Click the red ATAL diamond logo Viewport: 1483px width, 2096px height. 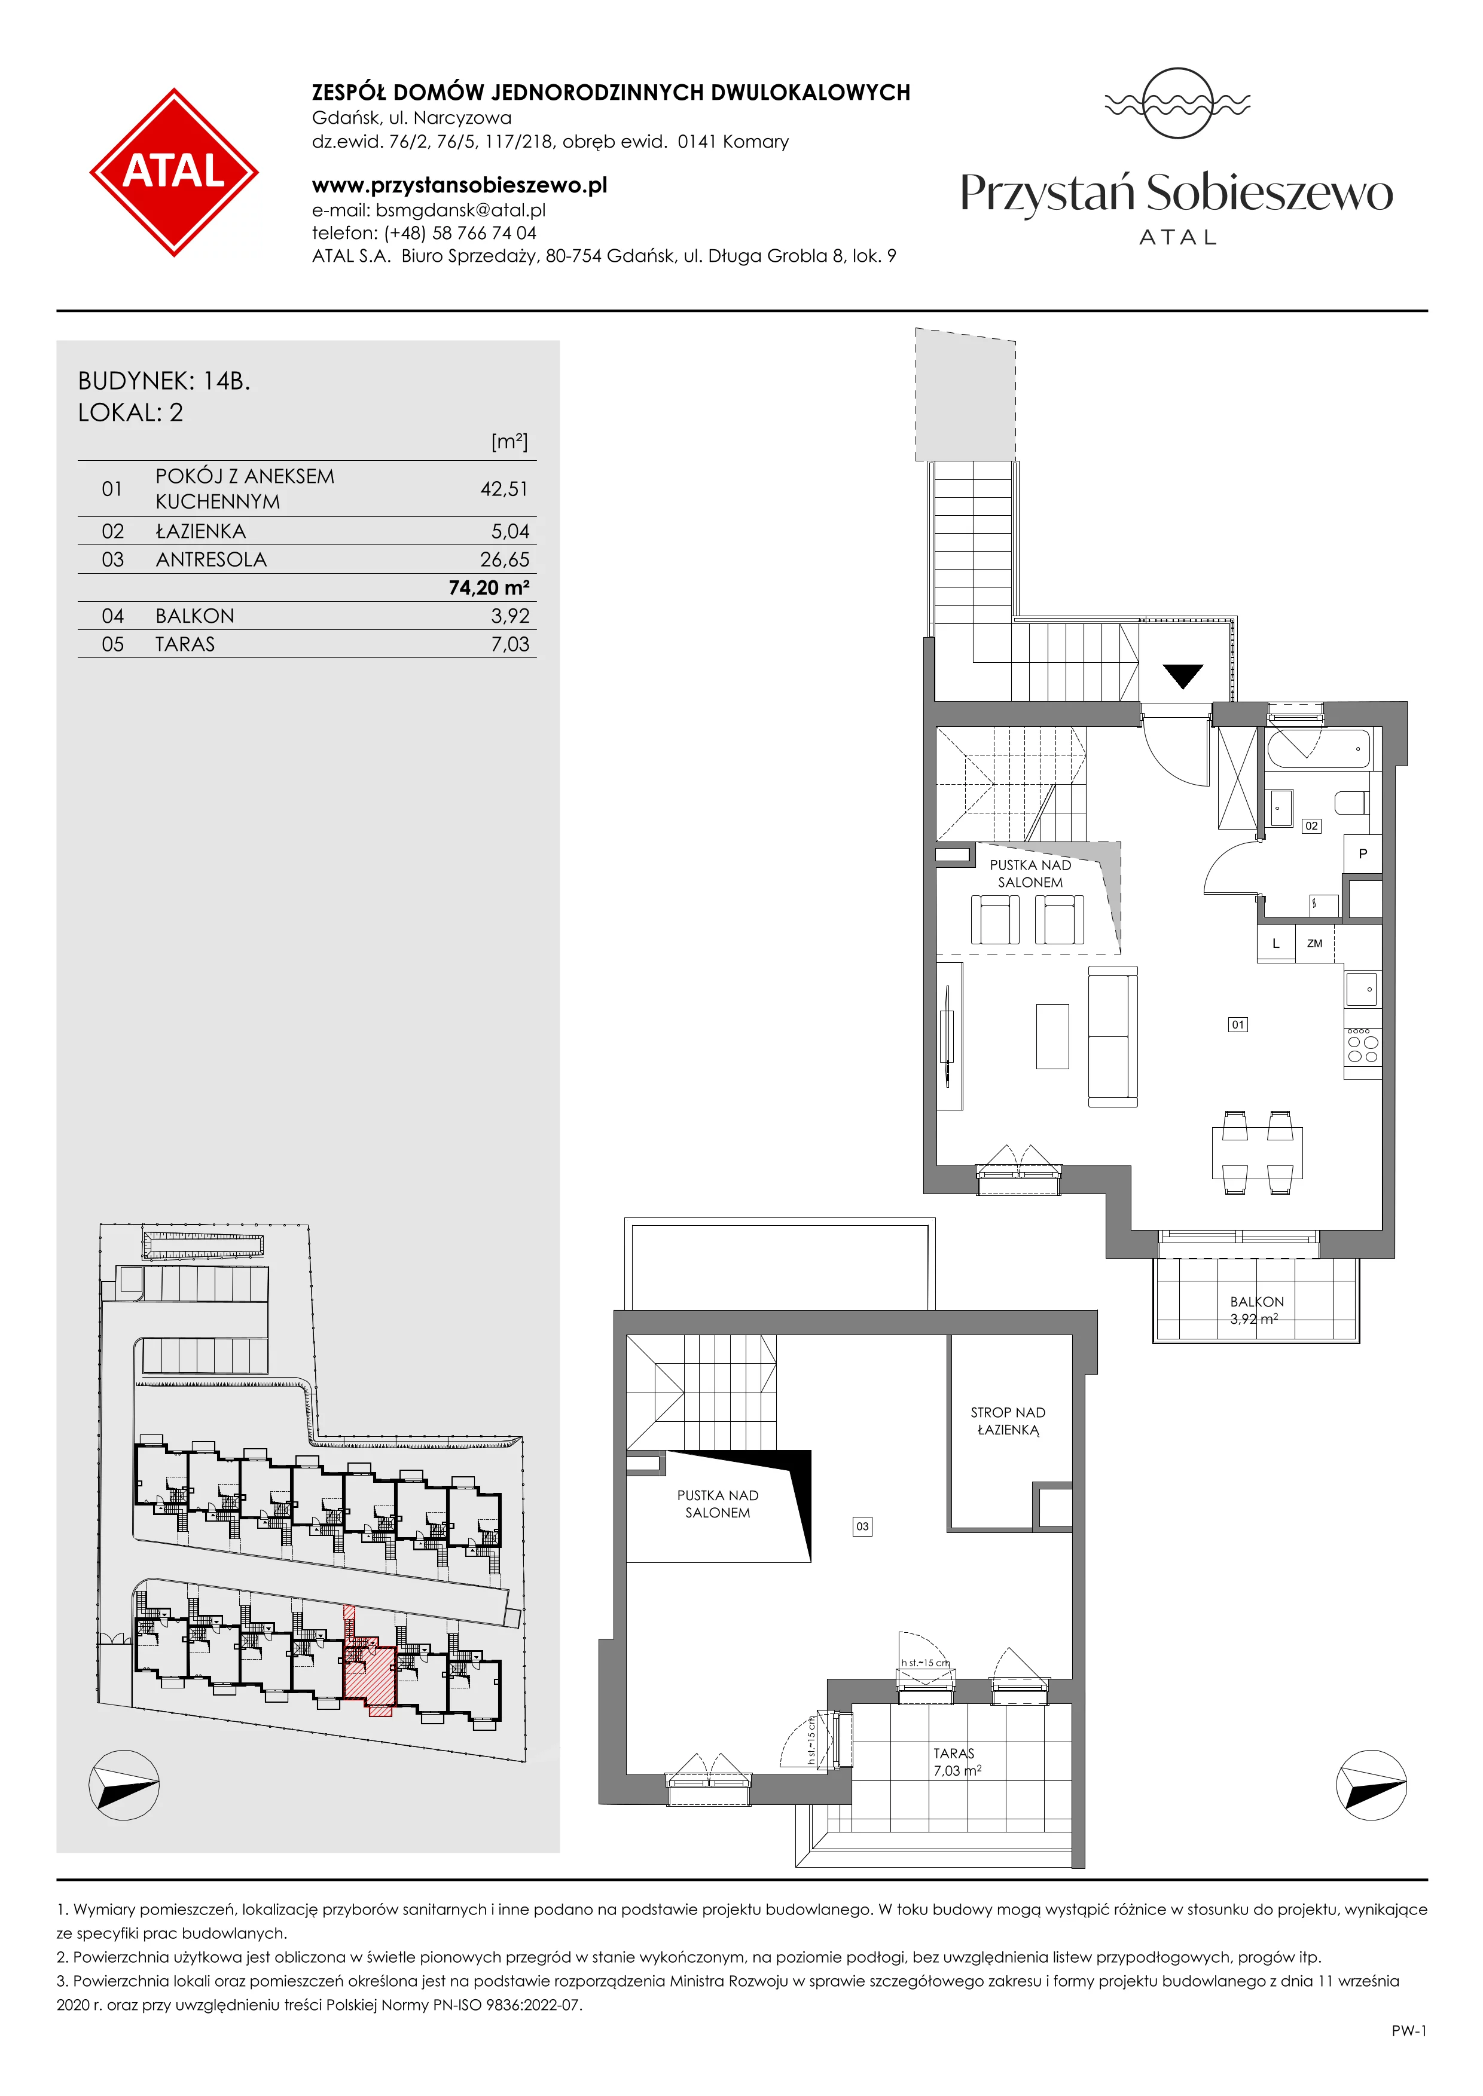tap(173, 172)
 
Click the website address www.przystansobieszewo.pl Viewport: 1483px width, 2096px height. tap(459, 185)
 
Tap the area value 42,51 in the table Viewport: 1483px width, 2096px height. tap(504, 489)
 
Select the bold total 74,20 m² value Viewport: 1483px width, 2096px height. tap(489, 588)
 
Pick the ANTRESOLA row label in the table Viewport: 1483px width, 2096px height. tap(211, 559)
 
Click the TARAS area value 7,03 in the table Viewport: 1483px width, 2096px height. tap(509, 644)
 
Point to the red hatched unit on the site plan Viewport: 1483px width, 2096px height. tap(369, 1674)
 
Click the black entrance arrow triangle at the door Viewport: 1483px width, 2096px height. tap(1183, 675)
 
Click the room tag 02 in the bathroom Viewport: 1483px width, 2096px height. tap(1311, 825)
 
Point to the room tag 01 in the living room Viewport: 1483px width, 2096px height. tap(1237, 1024)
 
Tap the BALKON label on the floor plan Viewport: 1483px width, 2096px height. tap(1256, 1302)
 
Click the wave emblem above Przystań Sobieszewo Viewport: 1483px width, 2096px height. tap(1177, 103)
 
